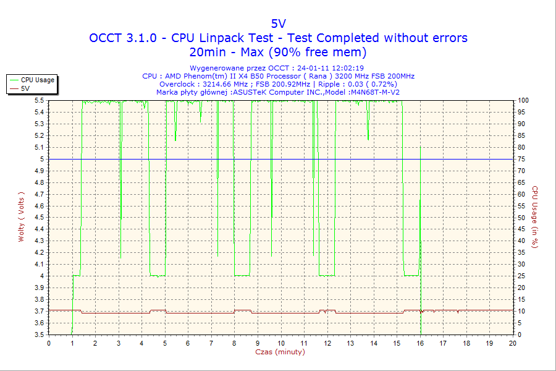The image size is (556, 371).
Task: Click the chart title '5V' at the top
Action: click(278, 23)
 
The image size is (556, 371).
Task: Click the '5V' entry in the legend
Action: click(25, 88)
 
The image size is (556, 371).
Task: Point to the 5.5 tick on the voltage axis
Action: click(40, 100)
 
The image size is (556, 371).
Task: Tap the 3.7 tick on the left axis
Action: click(40, 311)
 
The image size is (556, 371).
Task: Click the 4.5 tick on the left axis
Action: click(40, 218)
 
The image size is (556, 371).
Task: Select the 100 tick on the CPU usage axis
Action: click(523, 100)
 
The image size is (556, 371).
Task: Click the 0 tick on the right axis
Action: click(519, 335)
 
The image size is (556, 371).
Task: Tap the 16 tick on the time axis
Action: click(420, 343)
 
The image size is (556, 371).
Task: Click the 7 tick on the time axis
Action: click(211, 343)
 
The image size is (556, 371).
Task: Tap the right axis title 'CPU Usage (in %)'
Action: click(535, 216)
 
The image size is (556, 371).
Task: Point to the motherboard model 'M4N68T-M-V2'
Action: click(375, 92)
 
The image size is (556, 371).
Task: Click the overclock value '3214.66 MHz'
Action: click(225, 84)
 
